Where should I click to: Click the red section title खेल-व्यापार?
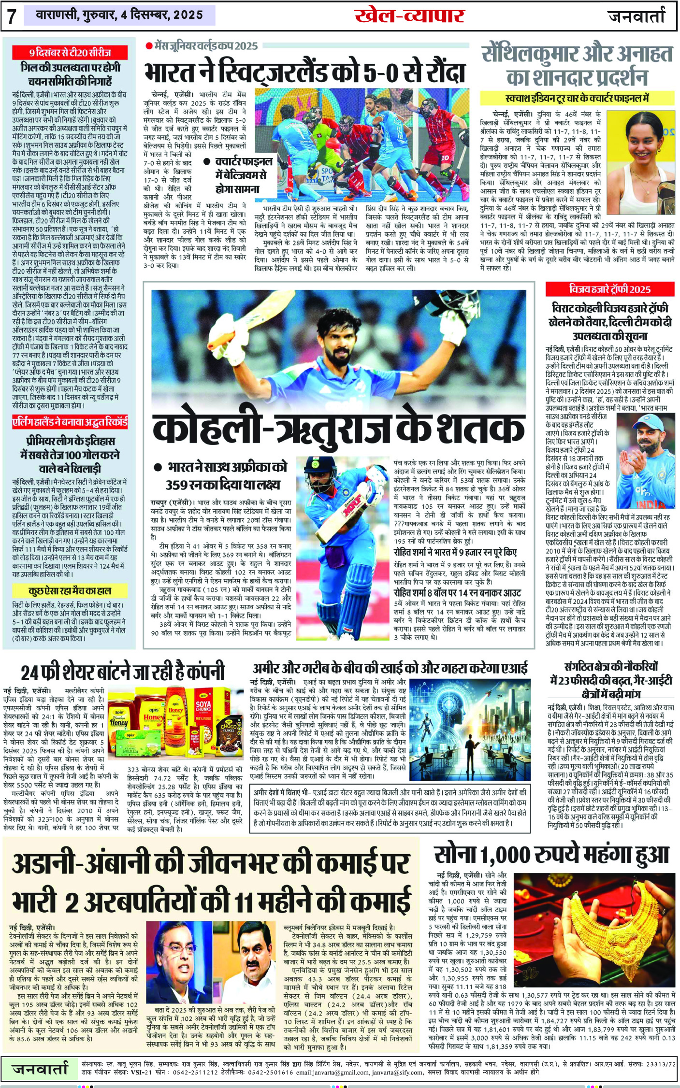pos(409,15)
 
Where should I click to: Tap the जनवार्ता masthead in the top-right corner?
pos(637,16)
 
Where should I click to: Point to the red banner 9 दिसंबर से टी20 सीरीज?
pos(70,52)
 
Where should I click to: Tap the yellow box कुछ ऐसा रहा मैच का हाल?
pos(70,590)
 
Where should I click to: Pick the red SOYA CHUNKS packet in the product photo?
pos(203,711)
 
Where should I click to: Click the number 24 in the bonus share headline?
pos(30,672)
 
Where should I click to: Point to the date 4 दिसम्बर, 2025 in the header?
pos(161,15)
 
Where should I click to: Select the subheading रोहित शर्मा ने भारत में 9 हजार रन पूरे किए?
pos(455,552)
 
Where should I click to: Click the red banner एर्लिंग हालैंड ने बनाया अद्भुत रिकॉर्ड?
pos(70,422)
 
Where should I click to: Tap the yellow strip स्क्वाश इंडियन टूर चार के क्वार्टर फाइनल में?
pos(577,98)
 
